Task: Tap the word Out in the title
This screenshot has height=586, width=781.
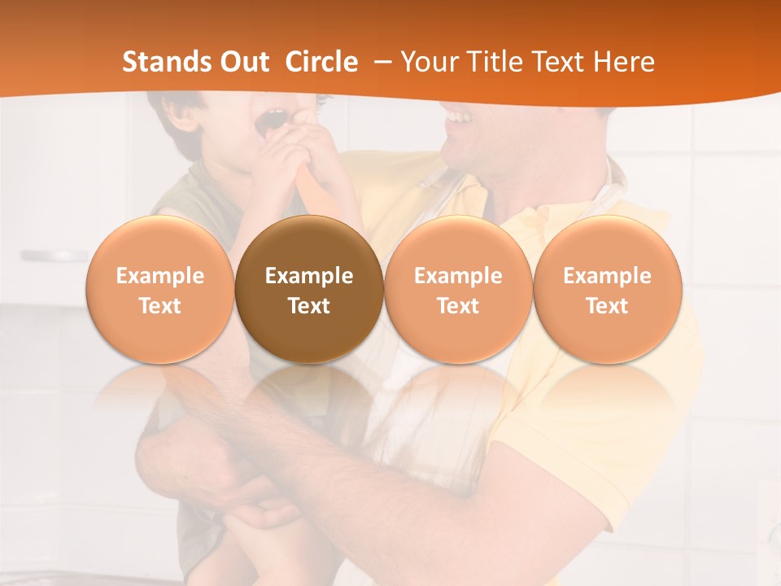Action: [242, 62]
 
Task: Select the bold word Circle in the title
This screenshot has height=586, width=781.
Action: [321, 62]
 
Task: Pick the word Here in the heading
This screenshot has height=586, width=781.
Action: [624, 62]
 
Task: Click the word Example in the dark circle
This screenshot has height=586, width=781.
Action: [309, 276]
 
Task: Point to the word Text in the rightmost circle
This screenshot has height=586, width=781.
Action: [607, 306]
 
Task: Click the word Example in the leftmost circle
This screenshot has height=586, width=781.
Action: [159, 276]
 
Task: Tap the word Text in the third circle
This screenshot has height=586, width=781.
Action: [458, 306]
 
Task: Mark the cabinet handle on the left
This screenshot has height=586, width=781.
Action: [54, 256]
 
